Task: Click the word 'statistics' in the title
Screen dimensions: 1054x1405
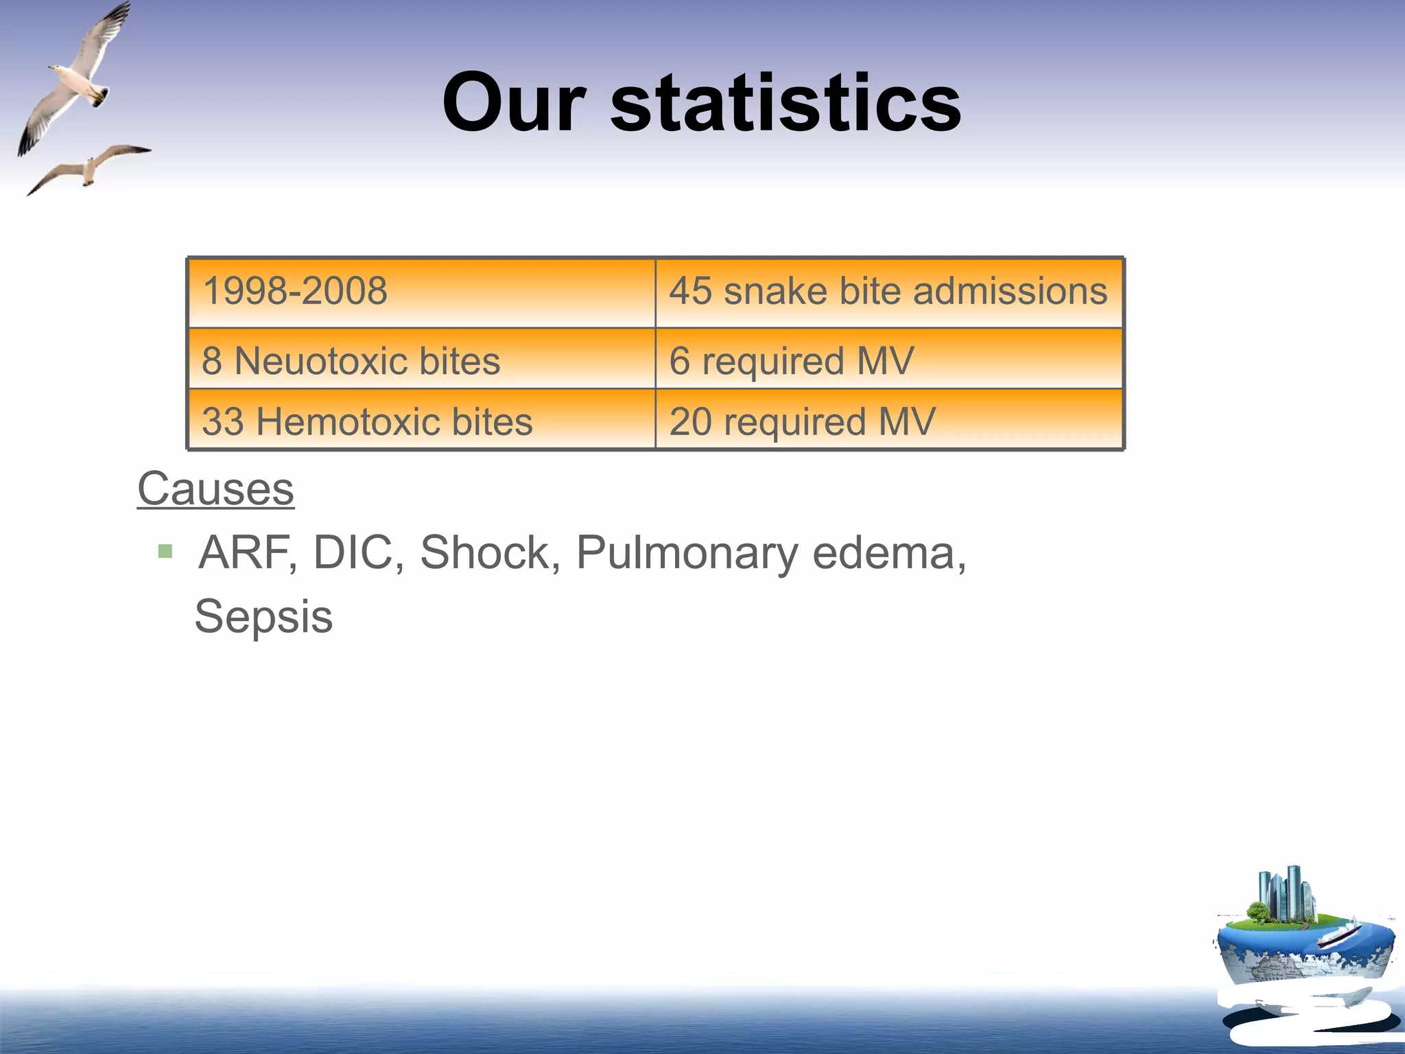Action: [x=786, y=104]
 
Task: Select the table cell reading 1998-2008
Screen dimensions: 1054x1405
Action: [x=421, y=292]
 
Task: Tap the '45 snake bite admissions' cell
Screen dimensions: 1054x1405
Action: [x=888, y=292]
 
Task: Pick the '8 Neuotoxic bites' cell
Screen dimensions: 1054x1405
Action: [x=421, y=360]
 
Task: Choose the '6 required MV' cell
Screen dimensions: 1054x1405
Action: [x=888, y=360]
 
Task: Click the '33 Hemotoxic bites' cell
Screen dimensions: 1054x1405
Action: [x=421, y=421]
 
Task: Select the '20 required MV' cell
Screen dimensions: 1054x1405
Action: [x=888, y=421]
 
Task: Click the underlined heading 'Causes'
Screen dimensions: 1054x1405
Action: [x=215, y=489]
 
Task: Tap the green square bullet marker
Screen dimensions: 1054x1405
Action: [x=165, y=551]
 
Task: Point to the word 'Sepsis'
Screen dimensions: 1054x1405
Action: [x=263, y=616]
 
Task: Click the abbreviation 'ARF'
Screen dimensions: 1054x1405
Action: [x=244, y=552]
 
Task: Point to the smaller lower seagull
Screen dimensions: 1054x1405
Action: [x=89, y=167]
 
